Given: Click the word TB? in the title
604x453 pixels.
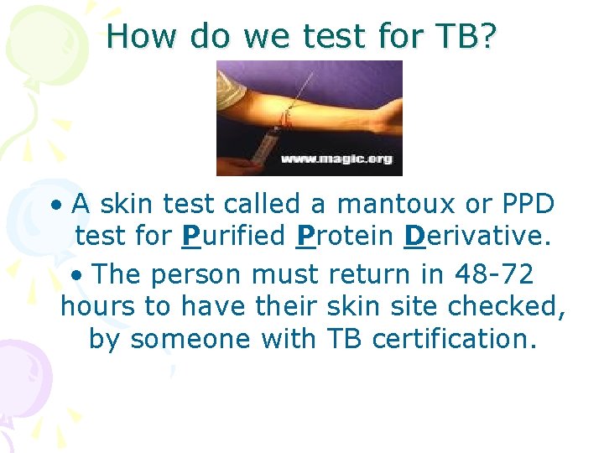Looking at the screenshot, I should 464,35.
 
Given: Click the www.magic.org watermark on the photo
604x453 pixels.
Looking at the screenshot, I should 336,159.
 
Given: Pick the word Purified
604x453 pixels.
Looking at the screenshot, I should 233,237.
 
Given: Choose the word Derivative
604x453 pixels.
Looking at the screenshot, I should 476,237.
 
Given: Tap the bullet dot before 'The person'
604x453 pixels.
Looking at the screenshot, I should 76,274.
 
